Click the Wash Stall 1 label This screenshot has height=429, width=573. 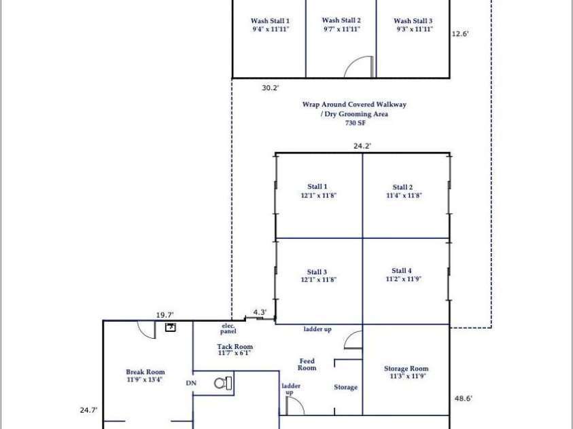pos(269,22)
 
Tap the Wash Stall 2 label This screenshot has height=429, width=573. pos(341,21)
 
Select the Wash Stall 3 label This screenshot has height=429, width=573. pos(413,22)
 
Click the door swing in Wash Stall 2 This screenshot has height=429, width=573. pos(360,67)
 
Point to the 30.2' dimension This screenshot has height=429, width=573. pos(271,88)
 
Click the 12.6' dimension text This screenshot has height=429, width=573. pos(460,33)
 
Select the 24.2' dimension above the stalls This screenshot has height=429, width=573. pos(362,145)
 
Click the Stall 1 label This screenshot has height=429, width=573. pos(317,187)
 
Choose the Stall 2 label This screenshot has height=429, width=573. pos(402,187)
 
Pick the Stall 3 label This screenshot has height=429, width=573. pos(317,272)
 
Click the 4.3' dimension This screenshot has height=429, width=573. pos(260,312)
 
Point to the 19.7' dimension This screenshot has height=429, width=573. pos(165,314)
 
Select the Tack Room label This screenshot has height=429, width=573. pos(235,347)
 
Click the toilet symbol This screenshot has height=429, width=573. pos(223,383)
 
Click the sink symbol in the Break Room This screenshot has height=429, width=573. pos(171,328)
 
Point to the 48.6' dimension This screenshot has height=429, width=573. pos(463,399)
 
